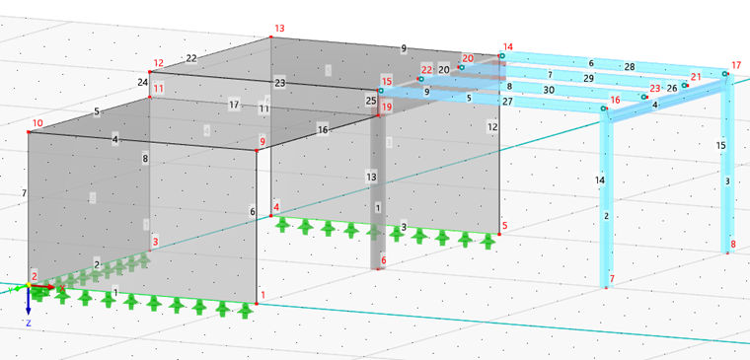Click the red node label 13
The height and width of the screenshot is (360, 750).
pyautogui.click(x=279, y=29)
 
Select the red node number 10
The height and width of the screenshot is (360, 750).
pyautogui.click(x=37, y=124)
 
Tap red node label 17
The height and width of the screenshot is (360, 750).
pyautogui.click(x=735, y=66)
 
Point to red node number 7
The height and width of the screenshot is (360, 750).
pyautogui.click(x=612, y=279)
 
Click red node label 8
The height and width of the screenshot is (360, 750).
pyautogui.click(x=733, y=244)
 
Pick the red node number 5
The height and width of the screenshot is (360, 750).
pyautogui.click(x=505, y=226)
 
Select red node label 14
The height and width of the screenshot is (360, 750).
pyautogui.click(x=507, y=46)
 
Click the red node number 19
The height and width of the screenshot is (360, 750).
pyautogui.click(x=387, y=107)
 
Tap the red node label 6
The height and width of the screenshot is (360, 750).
pyautogui.click(x=383, y=260)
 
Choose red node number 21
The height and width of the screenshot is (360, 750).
pyautogui.click(x=696, y=76)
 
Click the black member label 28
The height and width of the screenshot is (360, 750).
pyautogui.click(x=629, y=66)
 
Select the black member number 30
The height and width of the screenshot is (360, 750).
pyautogui.click(x=548, y=89)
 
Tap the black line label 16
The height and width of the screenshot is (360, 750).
pyautogui.click(x=323, y=129)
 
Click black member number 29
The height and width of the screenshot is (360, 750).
pyautogui.click(x=589, y=77)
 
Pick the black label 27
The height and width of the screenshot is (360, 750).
pyautogui.click(x=507, y=101)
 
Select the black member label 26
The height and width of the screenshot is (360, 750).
pyautogui.click(x=672, y=88)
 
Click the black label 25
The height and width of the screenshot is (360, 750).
pyautogui.click(x=371, y=100)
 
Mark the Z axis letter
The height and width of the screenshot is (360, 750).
pyautogui.click(x=30, y=323)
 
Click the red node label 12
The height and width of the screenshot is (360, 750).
pyautogui.click(x=158, y=63)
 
